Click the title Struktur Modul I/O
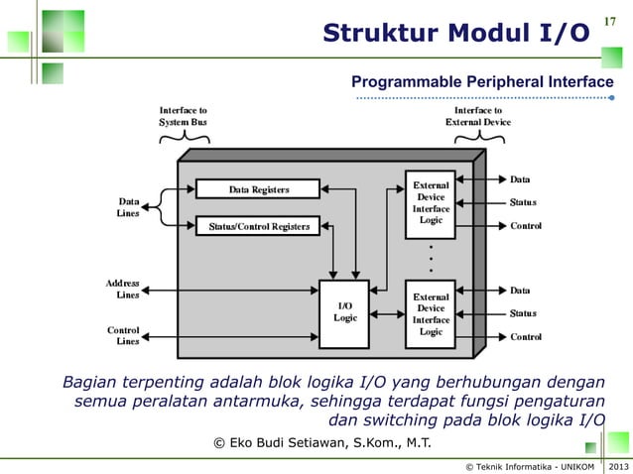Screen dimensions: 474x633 click(455, 36)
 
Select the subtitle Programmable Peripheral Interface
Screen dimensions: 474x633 click(482, 81)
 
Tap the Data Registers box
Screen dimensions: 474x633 click(258, 188)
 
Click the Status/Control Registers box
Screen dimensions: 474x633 click(258, 226)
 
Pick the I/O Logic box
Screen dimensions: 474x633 click(344, 312)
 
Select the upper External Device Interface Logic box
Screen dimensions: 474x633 click(431, 203)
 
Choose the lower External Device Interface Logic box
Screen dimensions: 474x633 click(431, 313)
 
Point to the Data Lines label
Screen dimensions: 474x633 click(129, 206)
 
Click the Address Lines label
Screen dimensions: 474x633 click(123, 289)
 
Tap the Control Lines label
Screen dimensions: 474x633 click(123, 335)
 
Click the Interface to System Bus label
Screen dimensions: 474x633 click(184, 116)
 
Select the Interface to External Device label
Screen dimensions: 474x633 click(478, 116)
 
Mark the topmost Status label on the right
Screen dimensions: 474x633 click(523, 202)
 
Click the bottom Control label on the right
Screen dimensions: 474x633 click(526, 336)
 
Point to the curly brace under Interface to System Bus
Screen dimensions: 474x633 click(184, 137)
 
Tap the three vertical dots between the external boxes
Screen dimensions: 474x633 click(431, 258)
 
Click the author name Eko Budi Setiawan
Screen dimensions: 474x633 click(322, 441)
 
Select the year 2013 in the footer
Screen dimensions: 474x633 click(617, 465)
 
